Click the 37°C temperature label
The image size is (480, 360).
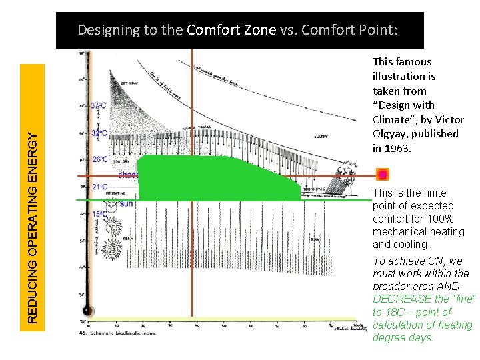coord(98,105)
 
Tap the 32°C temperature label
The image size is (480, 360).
coord(99,133)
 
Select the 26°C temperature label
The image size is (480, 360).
coord(99,160)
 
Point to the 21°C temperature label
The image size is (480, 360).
coord(99,187)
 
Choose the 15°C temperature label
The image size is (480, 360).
coord(99,214)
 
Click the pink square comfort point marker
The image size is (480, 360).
coord(383,175)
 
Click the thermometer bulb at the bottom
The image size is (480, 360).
coord(86,311)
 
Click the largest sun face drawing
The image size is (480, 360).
coord(113,249)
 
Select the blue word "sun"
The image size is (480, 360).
coord(126,203)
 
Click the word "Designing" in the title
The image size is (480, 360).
coord(108,30)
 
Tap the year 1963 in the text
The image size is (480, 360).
coord(398,148)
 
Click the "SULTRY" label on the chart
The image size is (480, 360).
coord(321,137)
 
